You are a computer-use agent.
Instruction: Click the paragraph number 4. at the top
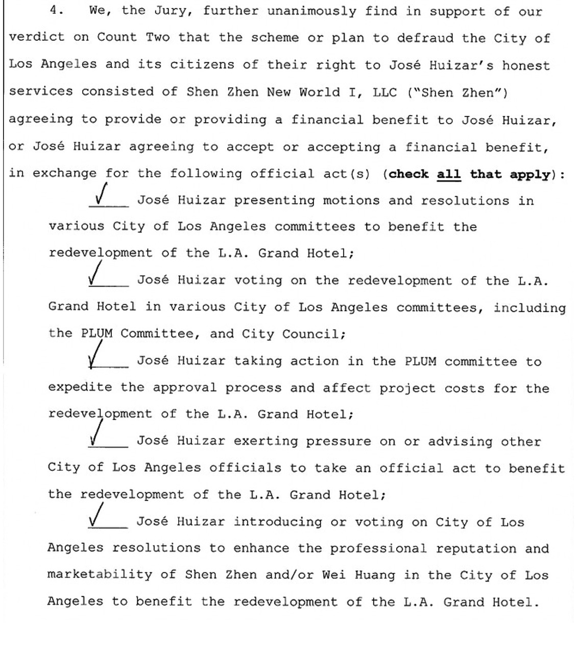(57, 10)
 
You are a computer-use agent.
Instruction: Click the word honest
(526, 65)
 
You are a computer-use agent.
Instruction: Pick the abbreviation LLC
(385, 92)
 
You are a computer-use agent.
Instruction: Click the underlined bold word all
(448, 174)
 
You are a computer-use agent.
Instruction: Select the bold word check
(408, 174)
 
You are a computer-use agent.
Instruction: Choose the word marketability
(100, 574)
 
